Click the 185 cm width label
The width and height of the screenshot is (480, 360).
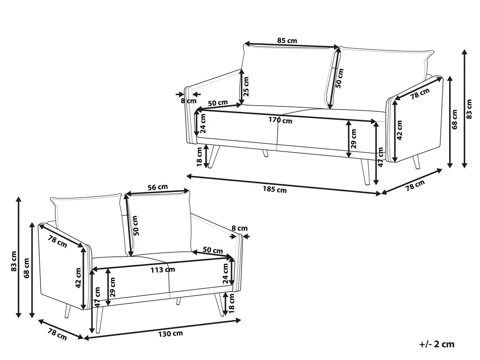(x=274, y=189)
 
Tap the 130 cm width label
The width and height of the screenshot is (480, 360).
(x=170, y=334)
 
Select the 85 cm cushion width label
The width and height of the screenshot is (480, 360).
(x=287, y=40)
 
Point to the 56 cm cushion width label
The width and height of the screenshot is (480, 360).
(x=158, y=187)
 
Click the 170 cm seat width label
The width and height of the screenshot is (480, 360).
(x=280, y=120)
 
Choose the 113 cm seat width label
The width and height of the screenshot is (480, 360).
(x=163, y=270)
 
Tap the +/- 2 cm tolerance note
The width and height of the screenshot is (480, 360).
(x=437, y=344)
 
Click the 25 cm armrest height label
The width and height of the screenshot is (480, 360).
(x=246, y=86)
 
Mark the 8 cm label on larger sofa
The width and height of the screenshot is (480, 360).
(x=188, y=101)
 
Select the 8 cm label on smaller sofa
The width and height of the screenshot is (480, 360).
(x=240, y=228)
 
